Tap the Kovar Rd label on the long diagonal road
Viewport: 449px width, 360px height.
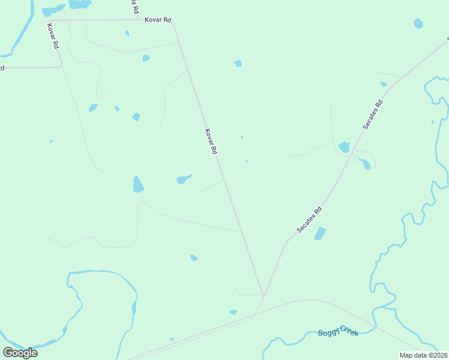[x=210, y=142]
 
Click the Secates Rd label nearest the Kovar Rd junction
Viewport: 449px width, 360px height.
[x=310, y=220]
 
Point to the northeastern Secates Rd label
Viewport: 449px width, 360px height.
[x=373, y=115]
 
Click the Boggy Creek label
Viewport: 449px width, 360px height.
[x=338, y=331]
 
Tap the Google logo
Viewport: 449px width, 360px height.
[x=20, y=352]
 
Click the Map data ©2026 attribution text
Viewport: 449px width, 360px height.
[x=423, y=355]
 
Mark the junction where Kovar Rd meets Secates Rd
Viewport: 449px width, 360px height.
[x=264, y=295]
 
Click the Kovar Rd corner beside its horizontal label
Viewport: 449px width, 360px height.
[x=173, y=22]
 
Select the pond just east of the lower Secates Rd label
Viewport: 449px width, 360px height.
[x=320, y=233]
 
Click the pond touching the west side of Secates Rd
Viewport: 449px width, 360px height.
[x=344, y=147]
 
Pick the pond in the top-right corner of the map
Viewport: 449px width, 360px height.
[x=418, y=24]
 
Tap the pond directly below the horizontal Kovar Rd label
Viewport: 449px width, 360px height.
[x=146, y=58]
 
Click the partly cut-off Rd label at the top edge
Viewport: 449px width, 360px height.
[x=134, y=7]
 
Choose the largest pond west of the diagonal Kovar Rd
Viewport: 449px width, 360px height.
[x=138, y=184]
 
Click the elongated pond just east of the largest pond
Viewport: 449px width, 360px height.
[x=184, y=179]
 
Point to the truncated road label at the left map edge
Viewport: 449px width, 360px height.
[x=2, y=68]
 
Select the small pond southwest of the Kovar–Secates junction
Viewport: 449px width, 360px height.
[x=234, y=312]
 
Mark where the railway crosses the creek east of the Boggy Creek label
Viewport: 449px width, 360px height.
[x=376, y=328]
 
